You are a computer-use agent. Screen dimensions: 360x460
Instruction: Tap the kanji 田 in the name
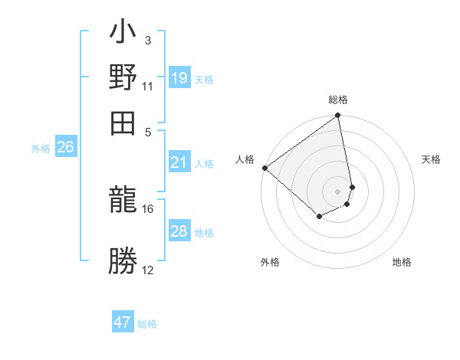123,121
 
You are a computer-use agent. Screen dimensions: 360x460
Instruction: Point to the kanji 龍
123,201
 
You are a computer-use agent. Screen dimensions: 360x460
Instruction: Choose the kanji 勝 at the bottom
123,261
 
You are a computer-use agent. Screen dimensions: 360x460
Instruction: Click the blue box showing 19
179,77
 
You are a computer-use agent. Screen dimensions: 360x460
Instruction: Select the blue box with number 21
179,162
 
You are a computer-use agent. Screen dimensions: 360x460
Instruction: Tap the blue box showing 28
179,231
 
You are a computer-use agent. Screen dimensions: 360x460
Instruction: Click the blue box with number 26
66,147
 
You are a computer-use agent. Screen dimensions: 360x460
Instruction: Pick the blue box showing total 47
123,322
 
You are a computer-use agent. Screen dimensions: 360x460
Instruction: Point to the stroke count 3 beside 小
148,41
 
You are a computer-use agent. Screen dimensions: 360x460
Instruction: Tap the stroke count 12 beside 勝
148,270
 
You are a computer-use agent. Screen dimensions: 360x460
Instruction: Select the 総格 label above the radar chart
338,100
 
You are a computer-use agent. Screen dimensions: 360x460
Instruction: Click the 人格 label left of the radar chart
245,159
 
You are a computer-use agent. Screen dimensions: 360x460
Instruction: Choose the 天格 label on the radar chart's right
432,159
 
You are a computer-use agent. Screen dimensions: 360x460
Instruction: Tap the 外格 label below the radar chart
269,262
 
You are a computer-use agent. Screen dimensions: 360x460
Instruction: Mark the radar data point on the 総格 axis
338,116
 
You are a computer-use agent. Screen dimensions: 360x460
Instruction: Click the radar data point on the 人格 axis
264,168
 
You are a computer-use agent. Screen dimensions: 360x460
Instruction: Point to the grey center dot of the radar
338,191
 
